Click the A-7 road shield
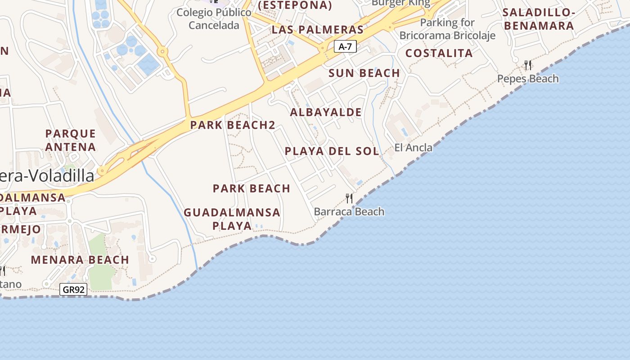345,46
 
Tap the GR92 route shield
73,289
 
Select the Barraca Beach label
349,211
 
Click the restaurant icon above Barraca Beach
349,198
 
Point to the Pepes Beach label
528,79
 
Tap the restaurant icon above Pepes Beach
528,65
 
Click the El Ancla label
413,147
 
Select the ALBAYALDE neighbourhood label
326,112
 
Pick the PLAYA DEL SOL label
332,151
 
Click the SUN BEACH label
364,73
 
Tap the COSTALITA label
439,53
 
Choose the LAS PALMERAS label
317,30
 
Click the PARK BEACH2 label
232,125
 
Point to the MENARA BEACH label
80,260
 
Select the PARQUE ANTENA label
71,140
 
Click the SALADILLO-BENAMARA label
539,19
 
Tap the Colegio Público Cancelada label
214,19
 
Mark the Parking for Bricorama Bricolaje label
447,29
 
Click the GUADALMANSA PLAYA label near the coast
232,219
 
